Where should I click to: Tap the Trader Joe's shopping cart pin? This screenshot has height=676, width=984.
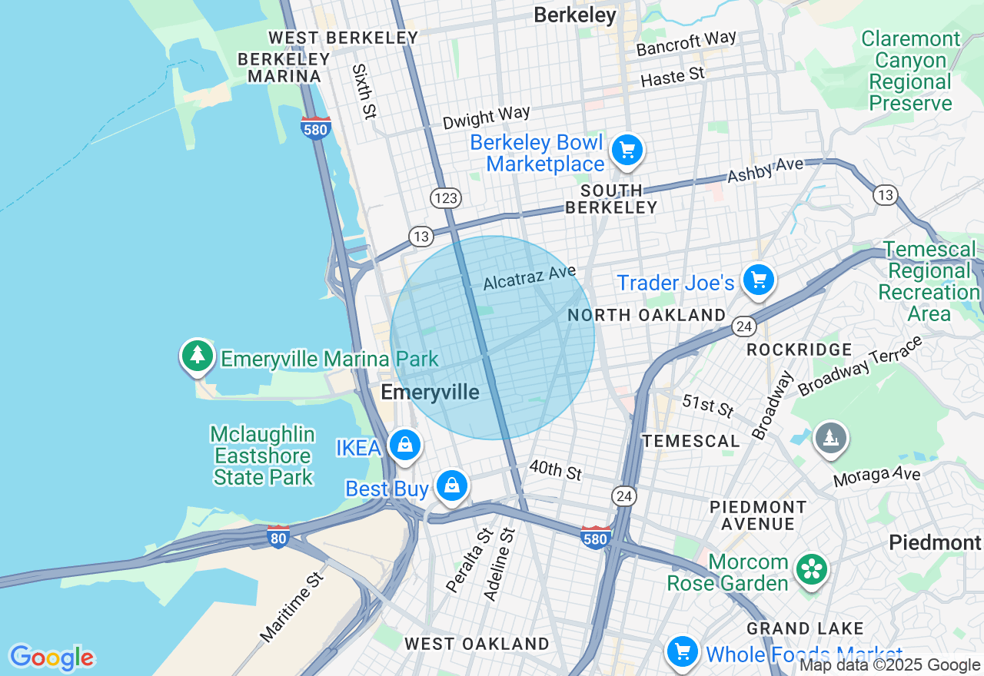point(759,280)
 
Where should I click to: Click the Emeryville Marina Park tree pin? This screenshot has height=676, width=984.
point(198,355)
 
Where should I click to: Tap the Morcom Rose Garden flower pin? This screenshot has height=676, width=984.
point(810,569)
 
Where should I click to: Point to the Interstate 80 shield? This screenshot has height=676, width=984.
point(278,537)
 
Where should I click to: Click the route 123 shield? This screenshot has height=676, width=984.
point(446,198)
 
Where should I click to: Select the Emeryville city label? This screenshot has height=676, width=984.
point(430,393)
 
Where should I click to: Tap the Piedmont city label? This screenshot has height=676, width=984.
point(935,542)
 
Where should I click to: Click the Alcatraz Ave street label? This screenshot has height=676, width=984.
point(530,277)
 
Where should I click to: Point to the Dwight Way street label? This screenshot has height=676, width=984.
point(487,118)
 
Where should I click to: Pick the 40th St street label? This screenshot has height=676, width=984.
point(555,470)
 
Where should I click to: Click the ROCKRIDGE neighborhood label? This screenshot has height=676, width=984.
point(799,350)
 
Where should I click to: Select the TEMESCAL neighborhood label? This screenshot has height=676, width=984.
point(691,441)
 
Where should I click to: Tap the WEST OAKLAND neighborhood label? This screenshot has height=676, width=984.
point(477,644)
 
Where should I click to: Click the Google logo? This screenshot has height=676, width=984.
point(52,658)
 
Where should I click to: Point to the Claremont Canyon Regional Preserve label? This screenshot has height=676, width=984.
point(910,71)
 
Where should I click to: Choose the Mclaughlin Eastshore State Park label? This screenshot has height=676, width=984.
point(263,456)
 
